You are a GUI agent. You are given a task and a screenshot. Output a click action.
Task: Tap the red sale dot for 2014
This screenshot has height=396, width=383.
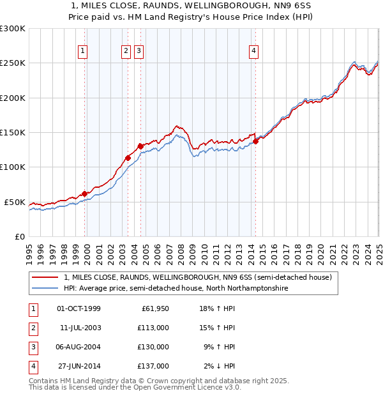(x=255, y=142)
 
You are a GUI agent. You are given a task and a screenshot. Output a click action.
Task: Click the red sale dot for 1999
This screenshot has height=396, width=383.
(x=84, y=194)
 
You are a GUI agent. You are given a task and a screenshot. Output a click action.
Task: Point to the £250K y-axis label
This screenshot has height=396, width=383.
(x=13, y=63)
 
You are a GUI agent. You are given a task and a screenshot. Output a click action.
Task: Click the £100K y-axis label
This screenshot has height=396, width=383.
(x=13, y=167)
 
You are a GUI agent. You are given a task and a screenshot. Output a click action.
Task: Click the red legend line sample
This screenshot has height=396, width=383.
(x=45, y=278)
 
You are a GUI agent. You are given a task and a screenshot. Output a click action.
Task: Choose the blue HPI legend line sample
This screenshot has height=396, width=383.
(x=45, y=289)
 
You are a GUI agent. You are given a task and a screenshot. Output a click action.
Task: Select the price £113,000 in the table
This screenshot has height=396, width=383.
(x=154, y=328)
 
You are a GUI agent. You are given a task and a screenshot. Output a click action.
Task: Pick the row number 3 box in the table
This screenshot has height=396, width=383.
(x=33, y=347)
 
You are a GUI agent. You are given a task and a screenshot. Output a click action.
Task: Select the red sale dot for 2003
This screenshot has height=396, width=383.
(x=128, y=158)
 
